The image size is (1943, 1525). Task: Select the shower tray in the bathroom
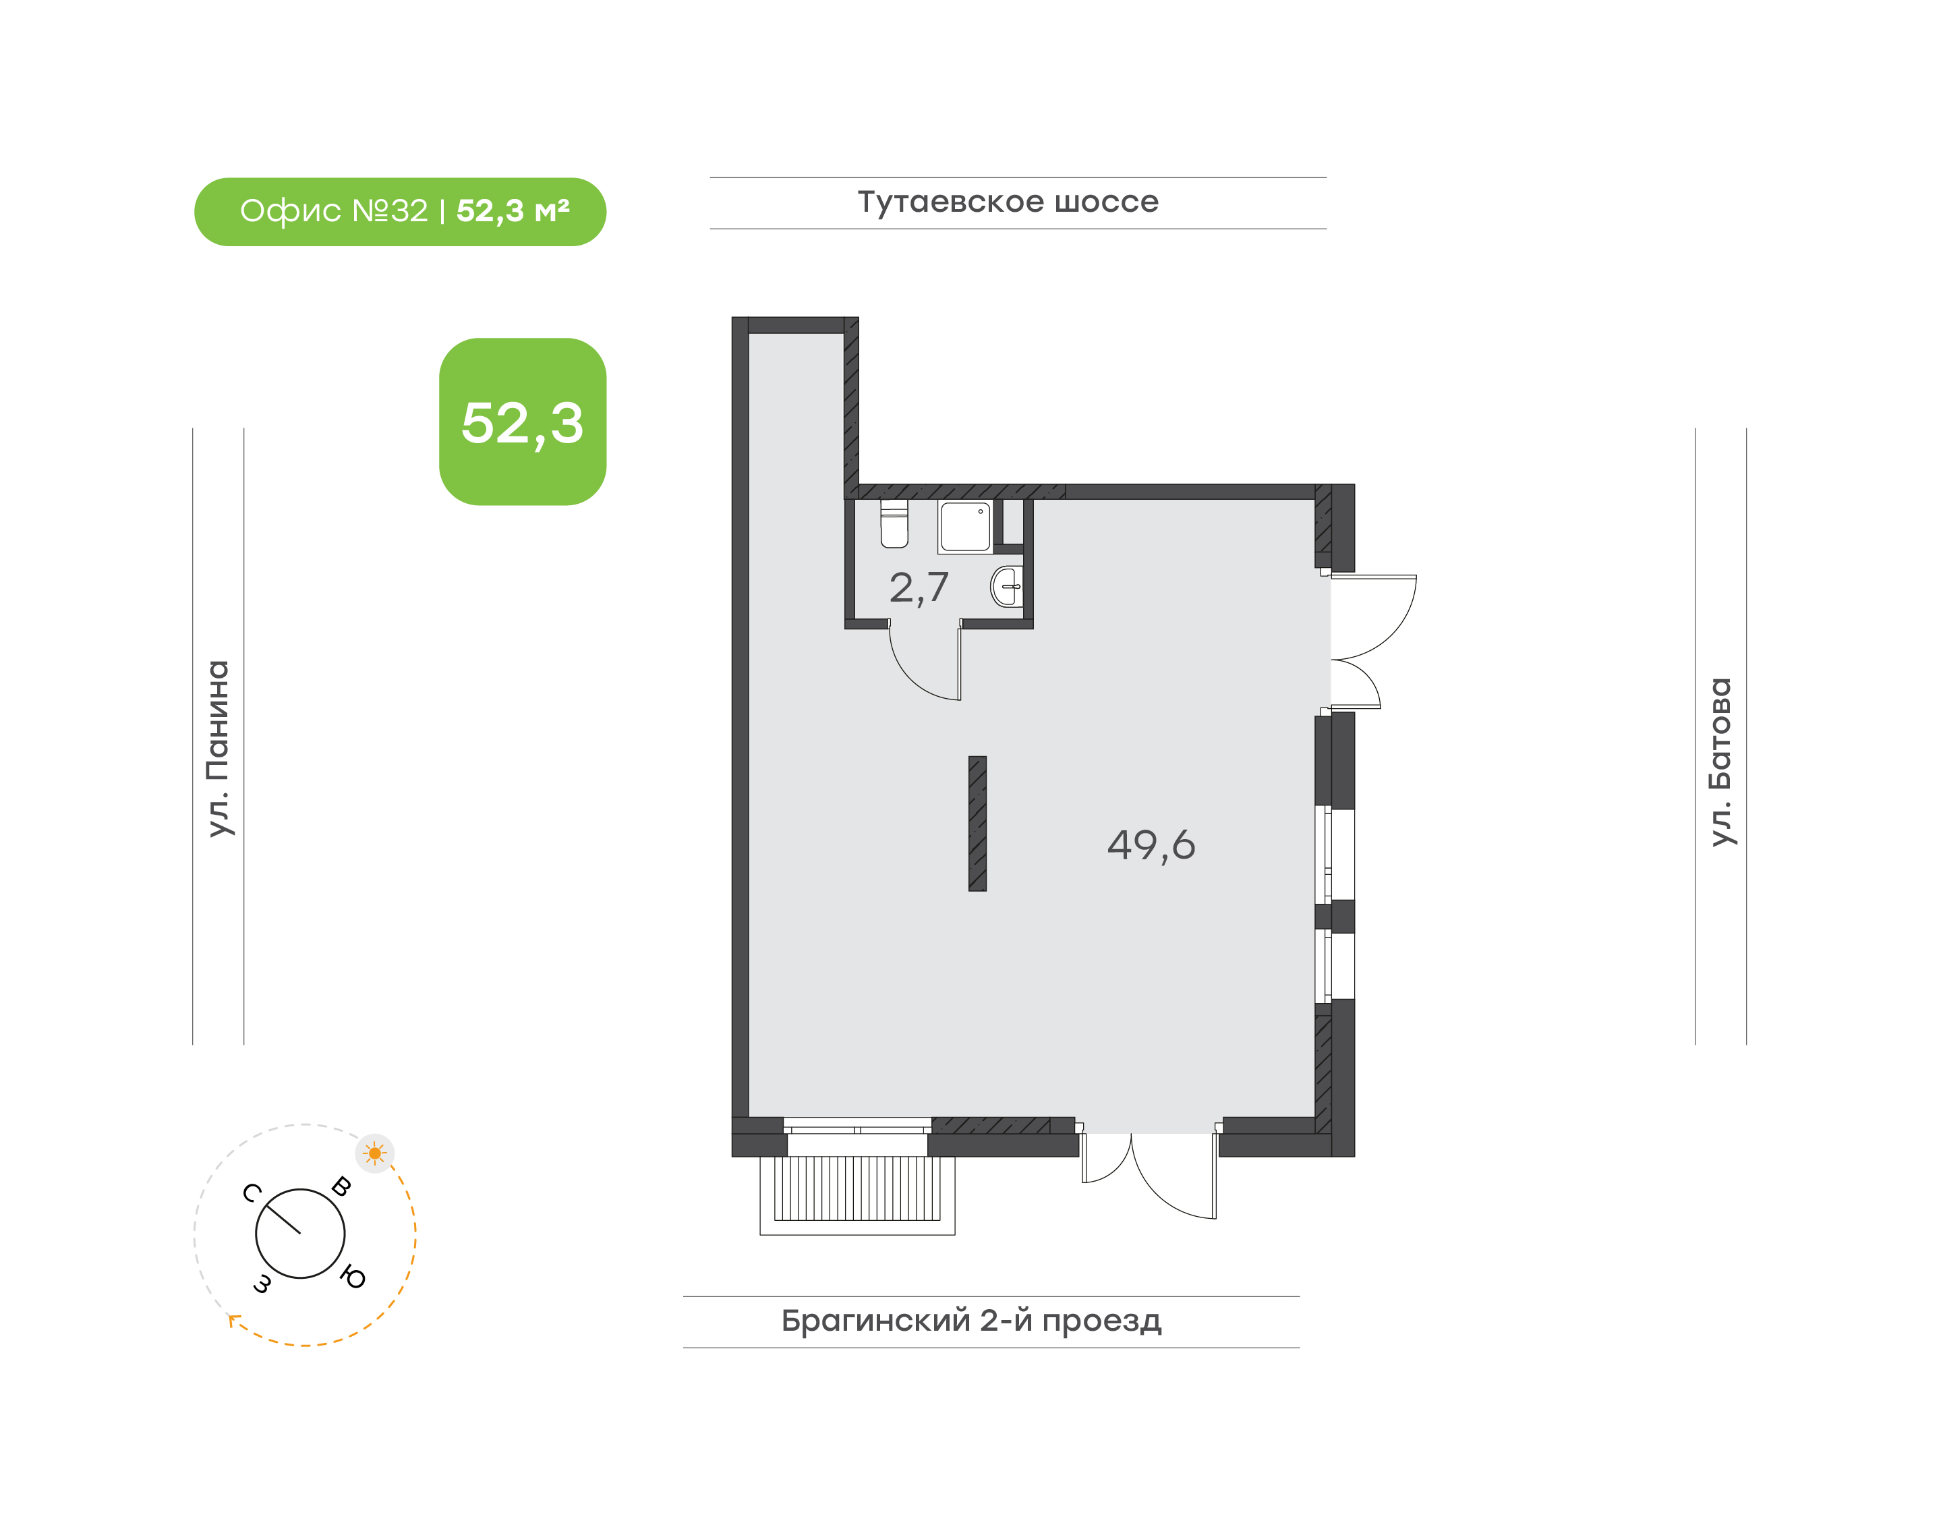click(x=964, y=527)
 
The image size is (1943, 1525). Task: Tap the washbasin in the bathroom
click(x=1007, y=587)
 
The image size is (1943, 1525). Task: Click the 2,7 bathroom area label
click(x=918, y=588)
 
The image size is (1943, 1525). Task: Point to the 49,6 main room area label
click(x=1151, y=844)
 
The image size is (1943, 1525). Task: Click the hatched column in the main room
click(x=978, y=824)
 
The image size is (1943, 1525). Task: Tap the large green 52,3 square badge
click(x=523, y=422)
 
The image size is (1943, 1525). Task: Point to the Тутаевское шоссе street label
click(x=1008, y=202)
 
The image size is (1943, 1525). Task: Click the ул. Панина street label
click(x=219, y=748)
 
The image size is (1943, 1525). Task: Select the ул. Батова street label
click(x=1720, y=761)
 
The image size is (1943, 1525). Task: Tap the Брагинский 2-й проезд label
click(x=971, y=1321)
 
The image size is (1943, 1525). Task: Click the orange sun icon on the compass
click(x=375, y=1153)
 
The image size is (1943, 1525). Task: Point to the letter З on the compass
click(x=262, y=1284)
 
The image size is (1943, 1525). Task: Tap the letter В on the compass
click(x=341, y=1186)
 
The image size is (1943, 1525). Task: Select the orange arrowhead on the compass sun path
click(x=234, y=1320)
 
